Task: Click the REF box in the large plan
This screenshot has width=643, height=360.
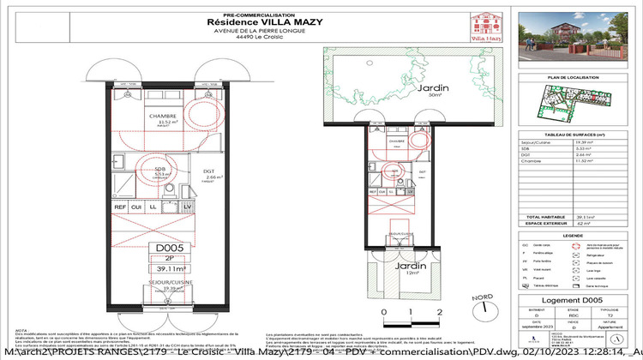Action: point(121,207)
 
